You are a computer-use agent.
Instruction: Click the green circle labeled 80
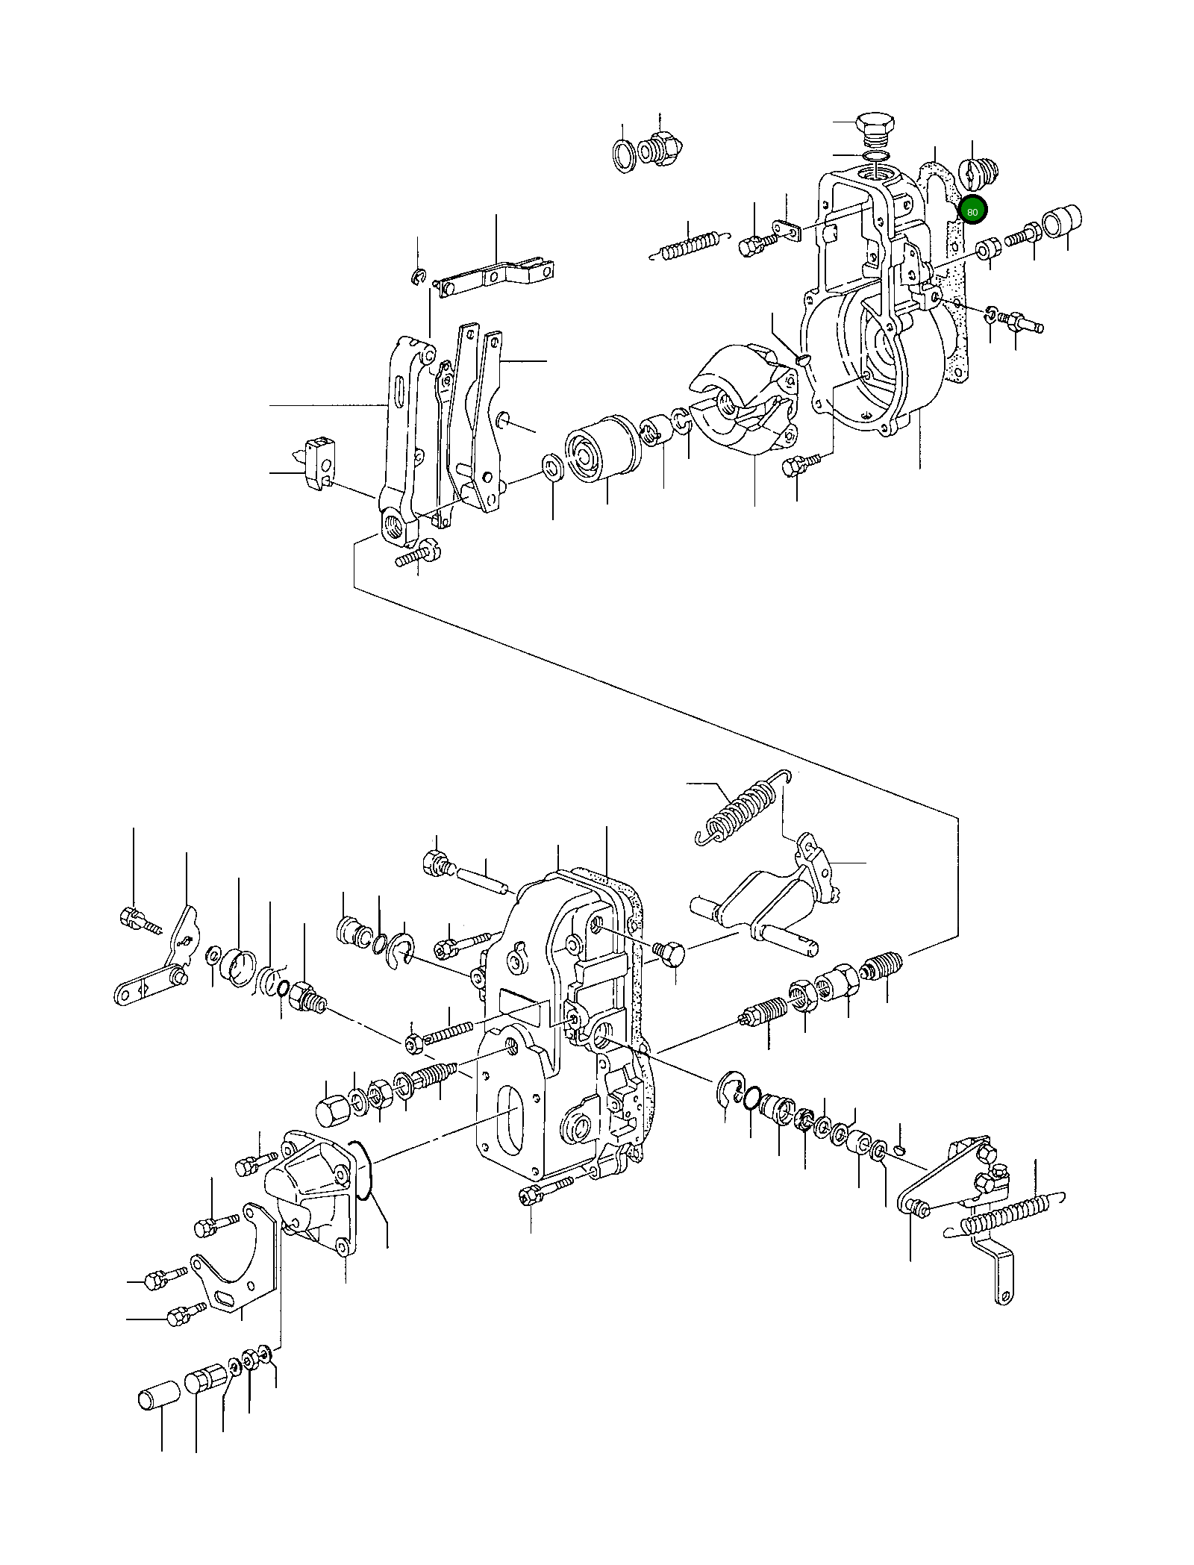pyautogui.click(x=972, y=211)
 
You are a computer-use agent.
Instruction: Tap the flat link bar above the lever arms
pyautogui.click(x=496, y=276)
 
